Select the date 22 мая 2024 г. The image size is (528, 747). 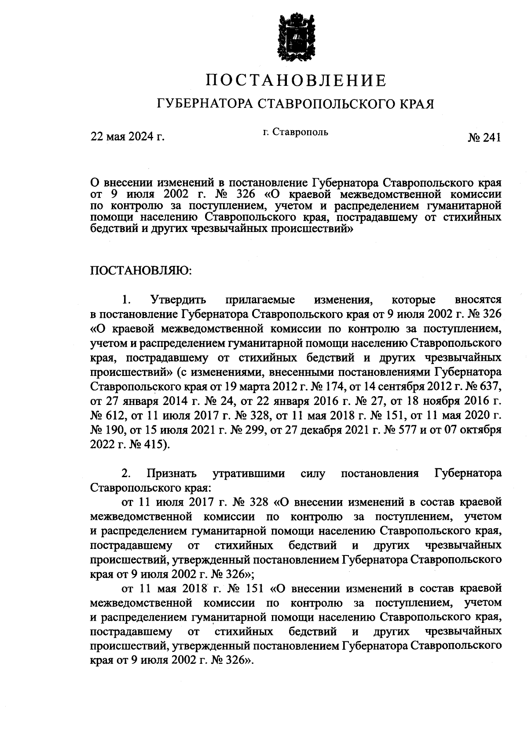click(x=127, y=136)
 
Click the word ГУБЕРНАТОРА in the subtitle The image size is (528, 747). click(x=205, y=104)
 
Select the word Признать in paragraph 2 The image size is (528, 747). click(x=172, y=474)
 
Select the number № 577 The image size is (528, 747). click(x=399, y=430)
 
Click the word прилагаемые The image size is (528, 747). click(x=260, y=300)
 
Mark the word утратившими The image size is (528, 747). click(x=249, y=474)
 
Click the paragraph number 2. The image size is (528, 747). click(x=125, y=474)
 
